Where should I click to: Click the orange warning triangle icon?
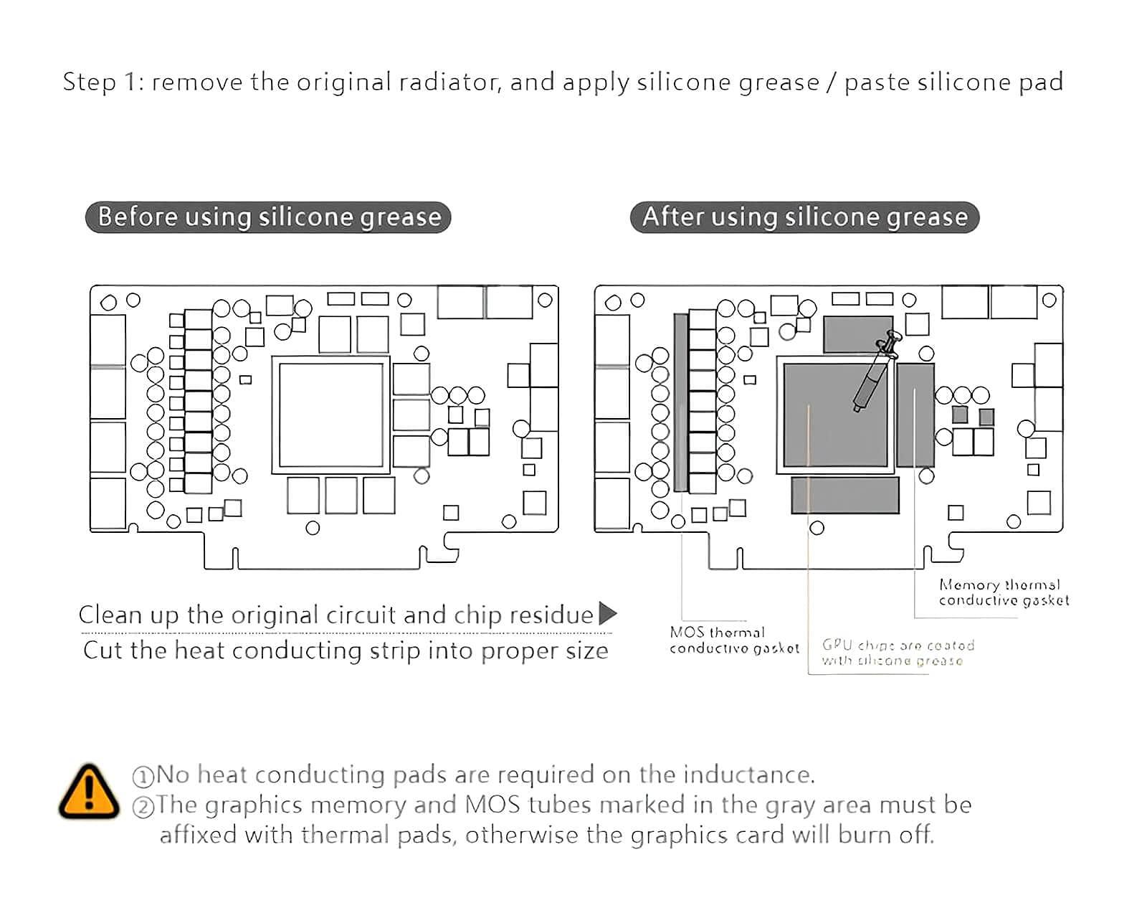89,792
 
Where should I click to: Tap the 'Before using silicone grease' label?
268,217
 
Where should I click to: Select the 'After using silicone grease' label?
804,217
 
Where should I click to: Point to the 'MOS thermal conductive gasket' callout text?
733,640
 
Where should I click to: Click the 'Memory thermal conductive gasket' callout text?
1003,593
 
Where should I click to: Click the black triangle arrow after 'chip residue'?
607,614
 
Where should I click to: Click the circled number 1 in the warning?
143,777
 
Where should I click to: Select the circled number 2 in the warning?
143,807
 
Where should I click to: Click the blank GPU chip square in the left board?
330,415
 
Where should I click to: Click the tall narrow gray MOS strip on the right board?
680,402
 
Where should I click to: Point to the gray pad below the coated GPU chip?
845,495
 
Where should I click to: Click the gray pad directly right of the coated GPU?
915,415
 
